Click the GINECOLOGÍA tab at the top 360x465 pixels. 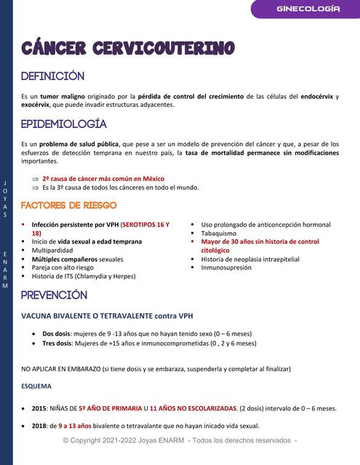pos(308,9)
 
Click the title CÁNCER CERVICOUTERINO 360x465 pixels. pos(127,49)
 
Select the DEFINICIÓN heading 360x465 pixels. pos(52,76)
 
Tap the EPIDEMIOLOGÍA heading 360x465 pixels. pos(64,124)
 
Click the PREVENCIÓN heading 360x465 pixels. pos(54,295)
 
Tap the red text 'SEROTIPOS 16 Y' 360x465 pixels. pos(145,225)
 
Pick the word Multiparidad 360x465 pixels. pos(52,250)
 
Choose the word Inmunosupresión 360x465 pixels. pos(226,267)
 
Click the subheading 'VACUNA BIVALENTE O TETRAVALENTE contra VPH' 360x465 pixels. pos(107,316)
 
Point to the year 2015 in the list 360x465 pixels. pos(39,408)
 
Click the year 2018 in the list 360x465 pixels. pos(39,426)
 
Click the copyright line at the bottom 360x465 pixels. pos(180,441)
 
